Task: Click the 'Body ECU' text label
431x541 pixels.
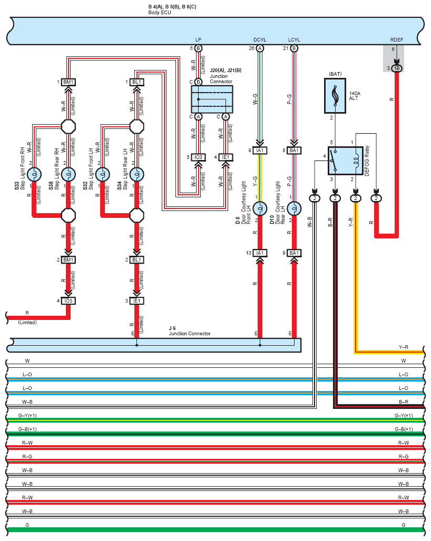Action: [x=160, y=13]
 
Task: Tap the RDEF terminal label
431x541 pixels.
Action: [x=396, y=39]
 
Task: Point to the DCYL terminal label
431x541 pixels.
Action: [x=260, y=39]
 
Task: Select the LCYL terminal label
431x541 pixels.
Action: [x=294, y=39]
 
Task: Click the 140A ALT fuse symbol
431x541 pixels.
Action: [x=335, y=96]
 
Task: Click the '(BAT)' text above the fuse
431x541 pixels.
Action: [x=335, y=74]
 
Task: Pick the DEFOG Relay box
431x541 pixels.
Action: [x=345, y=161]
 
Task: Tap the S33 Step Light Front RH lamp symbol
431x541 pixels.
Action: [x=34, y=174]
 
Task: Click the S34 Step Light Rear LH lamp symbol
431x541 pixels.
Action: [x=137, y=174]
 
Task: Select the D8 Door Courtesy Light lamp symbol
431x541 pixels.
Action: [x=260, y=208]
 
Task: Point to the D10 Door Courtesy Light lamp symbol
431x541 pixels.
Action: [x=294, y=208]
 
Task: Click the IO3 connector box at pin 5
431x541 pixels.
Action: [x=198, y=157]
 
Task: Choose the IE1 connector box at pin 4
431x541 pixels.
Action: [x=226, y=157]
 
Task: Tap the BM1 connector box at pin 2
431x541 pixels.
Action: [x=68, y=259]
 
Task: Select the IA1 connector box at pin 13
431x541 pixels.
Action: [x=260, y=253]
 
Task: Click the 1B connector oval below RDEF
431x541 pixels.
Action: [x=397, y=68]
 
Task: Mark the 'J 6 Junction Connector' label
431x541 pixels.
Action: [x=189, y=331]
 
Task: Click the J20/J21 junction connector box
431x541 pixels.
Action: [x=212, y=99]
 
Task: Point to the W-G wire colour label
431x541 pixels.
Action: [x=255, y=99]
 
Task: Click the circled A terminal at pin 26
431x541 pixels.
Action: [x=260, y=48]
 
